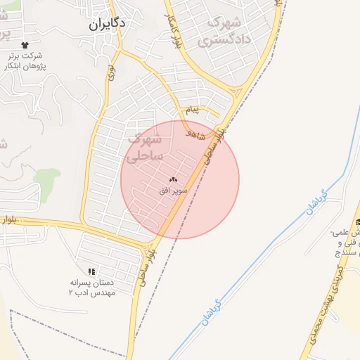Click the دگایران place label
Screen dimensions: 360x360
pyautogui.click(x=108, y=23)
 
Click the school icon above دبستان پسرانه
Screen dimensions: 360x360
pyautogui.click(x=91, y=271)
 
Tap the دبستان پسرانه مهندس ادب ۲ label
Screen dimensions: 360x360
pyautogui.click(x=91, y=287)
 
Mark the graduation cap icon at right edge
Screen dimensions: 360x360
pyautogui.click(x=358, y=223)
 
